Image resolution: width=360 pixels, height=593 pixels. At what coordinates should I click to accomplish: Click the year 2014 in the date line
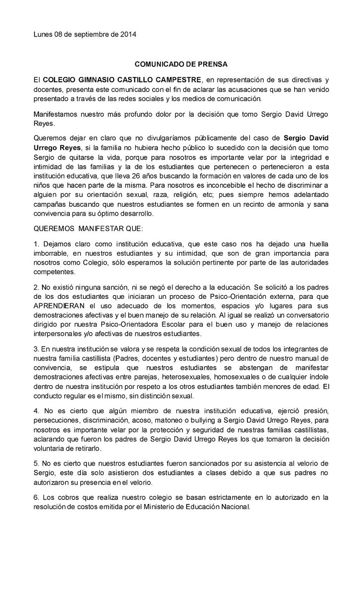click(128, 35)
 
